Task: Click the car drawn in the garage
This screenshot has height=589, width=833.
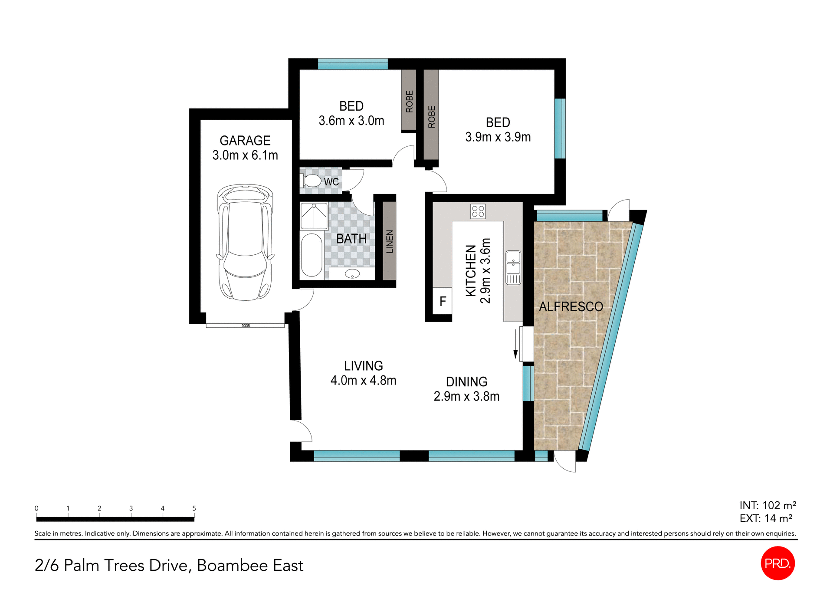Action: (x=245, y=242)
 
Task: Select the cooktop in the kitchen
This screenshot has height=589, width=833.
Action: (x=478, y=211)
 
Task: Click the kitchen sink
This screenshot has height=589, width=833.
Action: (x=513, y=262)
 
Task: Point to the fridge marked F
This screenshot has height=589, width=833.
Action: (x=443, y=301)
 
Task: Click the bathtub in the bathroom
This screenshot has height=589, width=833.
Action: (x=312, y=255)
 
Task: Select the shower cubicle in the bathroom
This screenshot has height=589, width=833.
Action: (x=314, y=216)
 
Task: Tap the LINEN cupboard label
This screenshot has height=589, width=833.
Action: (x=389, y=242)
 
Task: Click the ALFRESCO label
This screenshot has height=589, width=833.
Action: (x=571, y=307)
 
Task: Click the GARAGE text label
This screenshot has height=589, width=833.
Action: (x=245, y=141)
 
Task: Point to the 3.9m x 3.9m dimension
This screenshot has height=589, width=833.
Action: (x=498, y=137)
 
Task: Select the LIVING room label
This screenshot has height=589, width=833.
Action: (x=363, y=366)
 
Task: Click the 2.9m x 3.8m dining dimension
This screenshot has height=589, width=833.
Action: (x=466, y=396)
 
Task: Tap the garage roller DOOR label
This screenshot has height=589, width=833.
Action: (x=246, y=326)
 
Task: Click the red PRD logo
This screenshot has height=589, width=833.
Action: (x=777, y=563)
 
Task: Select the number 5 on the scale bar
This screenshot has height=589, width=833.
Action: (x=194, y=508)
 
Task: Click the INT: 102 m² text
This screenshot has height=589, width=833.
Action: (x=767, y=505)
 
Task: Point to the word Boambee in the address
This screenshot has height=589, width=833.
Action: (x=232, y=566)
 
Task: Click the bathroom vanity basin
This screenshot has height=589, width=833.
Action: (x=352, y=274)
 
